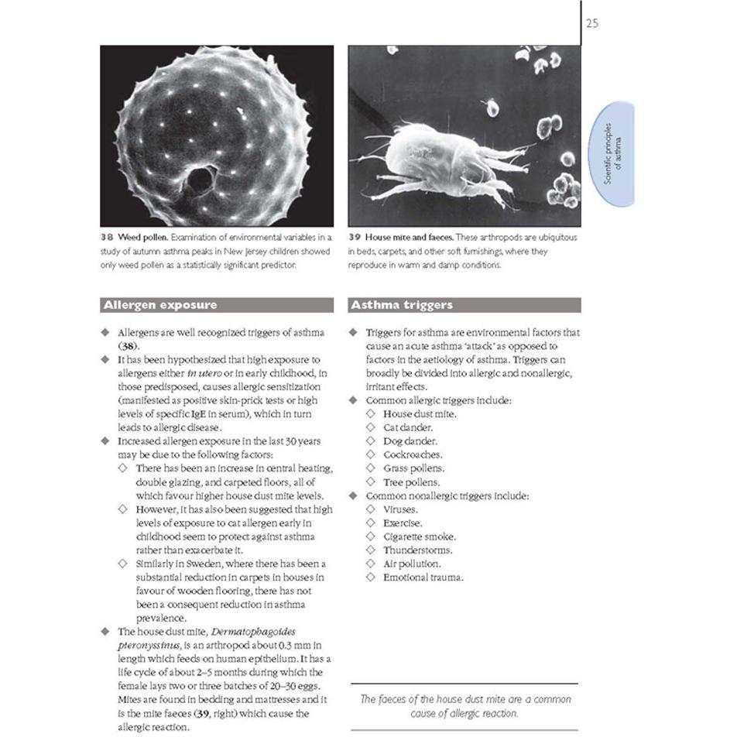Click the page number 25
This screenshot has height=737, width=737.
[x=592, y=23]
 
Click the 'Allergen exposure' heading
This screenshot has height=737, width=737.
[x=160, y=305]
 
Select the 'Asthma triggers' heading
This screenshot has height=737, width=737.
[x=402, y=305]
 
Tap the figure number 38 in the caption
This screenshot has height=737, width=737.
[x=107, y=237]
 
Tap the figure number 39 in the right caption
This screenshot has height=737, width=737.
[x=355, y=237]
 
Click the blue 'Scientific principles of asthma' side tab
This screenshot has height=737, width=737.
[x=612, y=154]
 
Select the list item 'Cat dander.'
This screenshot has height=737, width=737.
[x=408, y=427]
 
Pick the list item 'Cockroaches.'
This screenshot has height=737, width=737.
[x=413, y=455]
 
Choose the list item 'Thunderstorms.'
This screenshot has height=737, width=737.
[x=417, y=550]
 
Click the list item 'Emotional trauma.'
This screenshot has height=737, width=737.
[x=423, y=578]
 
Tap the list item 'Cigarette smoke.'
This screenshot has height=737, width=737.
[x=420, y=536]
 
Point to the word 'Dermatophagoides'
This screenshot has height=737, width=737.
[x=253, y=632]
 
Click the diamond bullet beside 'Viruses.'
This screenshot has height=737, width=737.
[x=370, y=509]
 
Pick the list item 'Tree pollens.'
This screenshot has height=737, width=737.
[x=411, y=482]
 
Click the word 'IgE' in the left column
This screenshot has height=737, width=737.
[x=198, y=414]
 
